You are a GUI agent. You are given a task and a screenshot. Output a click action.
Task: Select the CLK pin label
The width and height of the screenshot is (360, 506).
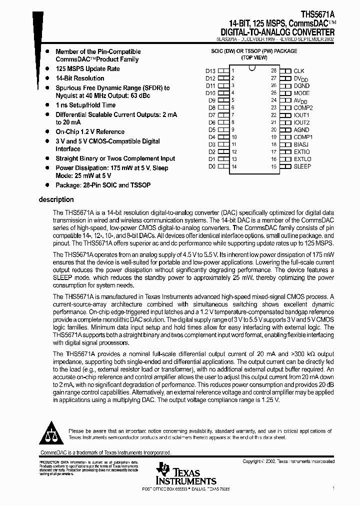tap(299, 71)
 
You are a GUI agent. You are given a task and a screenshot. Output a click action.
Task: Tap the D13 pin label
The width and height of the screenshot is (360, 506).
tap(210, 71)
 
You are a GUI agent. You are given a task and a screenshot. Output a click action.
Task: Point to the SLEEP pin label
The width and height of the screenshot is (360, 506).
tap(302, 166)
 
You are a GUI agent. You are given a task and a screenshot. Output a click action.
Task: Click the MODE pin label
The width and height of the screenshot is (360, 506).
tap(301, 93)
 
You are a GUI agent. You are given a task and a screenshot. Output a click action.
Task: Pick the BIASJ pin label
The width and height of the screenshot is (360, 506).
tap(301, 144)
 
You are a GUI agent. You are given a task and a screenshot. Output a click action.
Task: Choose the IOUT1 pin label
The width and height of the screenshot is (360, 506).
tap(302, 115)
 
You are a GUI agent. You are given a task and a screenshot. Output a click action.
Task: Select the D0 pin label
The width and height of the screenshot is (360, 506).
tap(211, 166)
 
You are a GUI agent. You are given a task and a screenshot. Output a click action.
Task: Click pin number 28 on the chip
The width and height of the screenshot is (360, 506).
tap(273, 71)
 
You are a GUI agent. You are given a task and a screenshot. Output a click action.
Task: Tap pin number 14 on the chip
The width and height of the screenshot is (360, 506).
tap(234, 166)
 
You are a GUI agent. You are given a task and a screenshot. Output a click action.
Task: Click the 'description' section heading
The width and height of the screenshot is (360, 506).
tap(56, 199)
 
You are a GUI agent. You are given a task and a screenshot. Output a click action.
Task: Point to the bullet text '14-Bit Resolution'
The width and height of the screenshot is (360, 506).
tap(80, 78)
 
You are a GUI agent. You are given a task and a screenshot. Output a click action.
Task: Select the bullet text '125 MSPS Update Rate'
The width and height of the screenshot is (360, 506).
tap(87, 69)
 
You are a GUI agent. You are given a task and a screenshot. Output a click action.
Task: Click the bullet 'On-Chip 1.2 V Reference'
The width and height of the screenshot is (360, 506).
tap(90, 132)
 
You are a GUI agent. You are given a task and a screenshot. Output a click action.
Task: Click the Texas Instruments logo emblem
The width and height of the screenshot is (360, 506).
tap(163, 470)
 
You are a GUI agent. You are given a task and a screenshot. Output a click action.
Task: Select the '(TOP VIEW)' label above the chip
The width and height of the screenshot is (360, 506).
tap(253, 58)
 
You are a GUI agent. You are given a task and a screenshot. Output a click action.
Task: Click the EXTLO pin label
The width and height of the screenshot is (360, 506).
tap(302, 158)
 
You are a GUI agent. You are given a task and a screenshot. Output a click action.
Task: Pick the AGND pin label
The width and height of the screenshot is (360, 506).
tap(301, 129)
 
